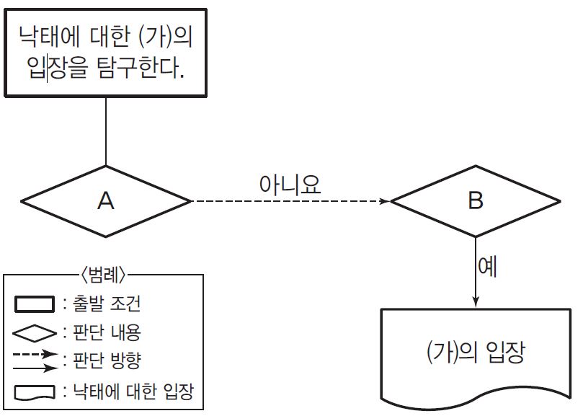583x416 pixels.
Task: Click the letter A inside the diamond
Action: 106,201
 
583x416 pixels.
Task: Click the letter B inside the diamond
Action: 475,200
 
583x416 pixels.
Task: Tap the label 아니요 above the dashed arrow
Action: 290,183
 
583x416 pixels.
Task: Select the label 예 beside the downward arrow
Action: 489,267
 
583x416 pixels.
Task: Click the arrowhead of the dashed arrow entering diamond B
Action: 383,201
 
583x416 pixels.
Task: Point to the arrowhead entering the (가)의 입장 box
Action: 476,302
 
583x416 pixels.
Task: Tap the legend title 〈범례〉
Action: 104,275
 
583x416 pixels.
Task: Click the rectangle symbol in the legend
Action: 35,304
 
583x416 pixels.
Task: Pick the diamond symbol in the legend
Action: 35,334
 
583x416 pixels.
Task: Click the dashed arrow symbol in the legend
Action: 35,355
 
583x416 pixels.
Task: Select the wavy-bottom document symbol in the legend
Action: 35,392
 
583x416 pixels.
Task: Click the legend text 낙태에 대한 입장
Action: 134,391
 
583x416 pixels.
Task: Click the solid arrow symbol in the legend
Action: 35,367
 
